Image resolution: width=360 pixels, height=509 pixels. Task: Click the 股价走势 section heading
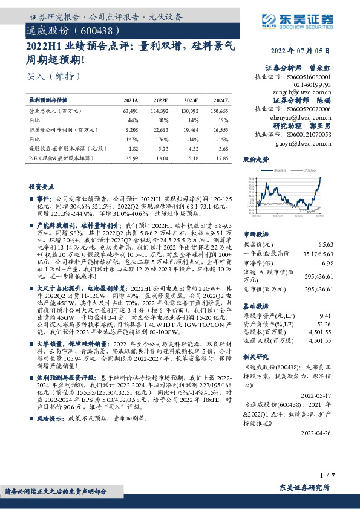(x=255, y=160)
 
